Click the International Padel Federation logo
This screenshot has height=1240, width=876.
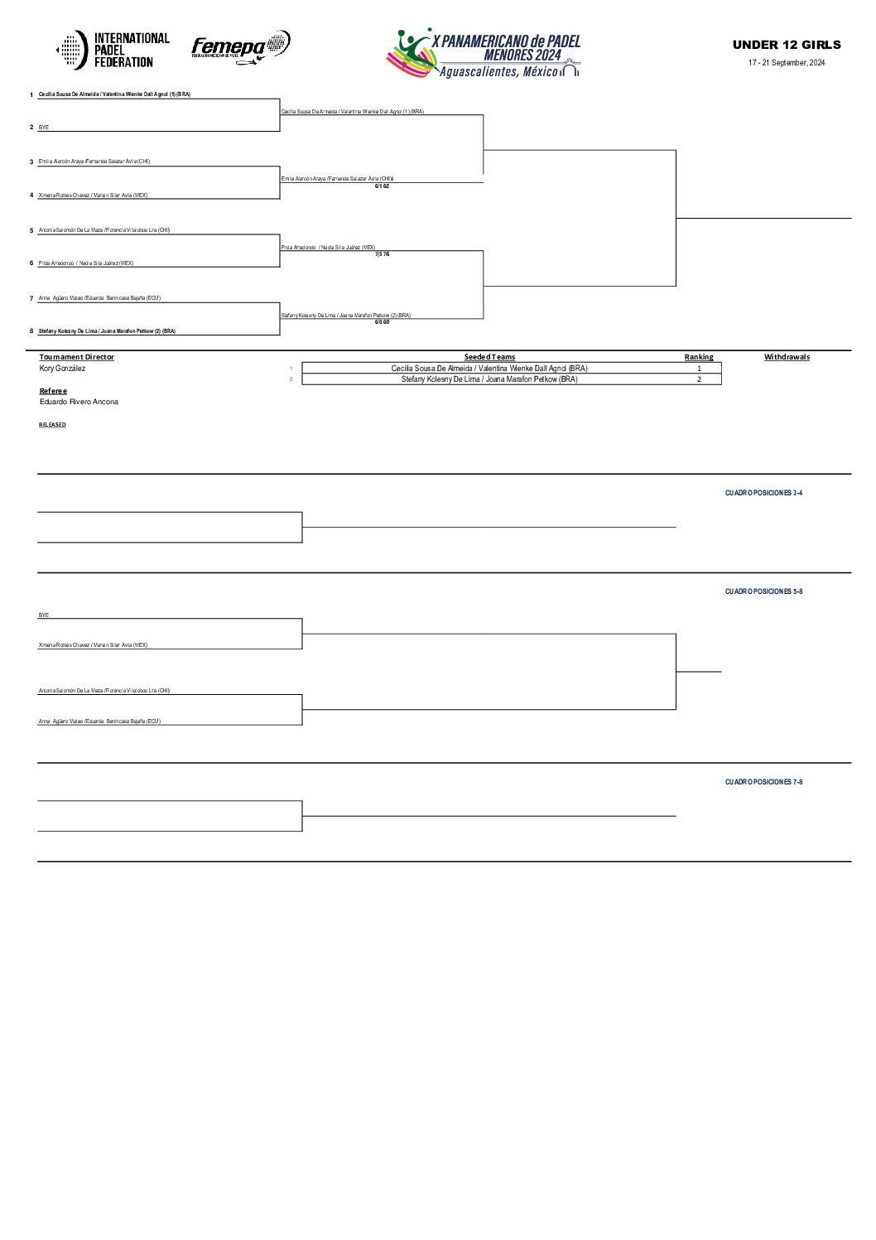113,50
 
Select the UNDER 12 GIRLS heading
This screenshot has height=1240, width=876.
787,45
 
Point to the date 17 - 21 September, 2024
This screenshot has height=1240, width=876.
787,63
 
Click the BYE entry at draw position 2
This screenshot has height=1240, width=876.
44,128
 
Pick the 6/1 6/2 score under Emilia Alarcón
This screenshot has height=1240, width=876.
382,186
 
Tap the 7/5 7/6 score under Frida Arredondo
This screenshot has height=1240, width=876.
382,254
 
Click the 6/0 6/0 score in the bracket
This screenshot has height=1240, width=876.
382,322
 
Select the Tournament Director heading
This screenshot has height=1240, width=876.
77,357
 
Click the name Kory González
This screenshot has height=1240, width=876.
62,369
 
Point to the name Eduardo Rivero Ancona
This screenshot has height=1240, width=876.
79,402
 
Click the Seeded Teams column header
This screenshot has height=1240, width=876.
489,357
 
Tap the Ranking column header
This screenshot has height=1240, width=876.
699,357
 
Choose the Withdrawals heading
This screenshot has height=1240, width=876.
787,357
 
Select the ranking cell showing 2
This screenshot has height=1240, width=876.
699,379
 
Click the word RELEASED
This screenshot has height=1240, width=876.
52,425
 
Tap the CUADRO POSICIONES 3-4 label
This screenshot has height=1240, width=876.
763,493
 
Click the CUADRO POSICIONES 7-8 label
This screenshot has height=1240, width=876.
763,782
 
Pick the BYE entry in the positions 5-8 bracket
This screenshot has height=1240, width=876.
44,615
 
